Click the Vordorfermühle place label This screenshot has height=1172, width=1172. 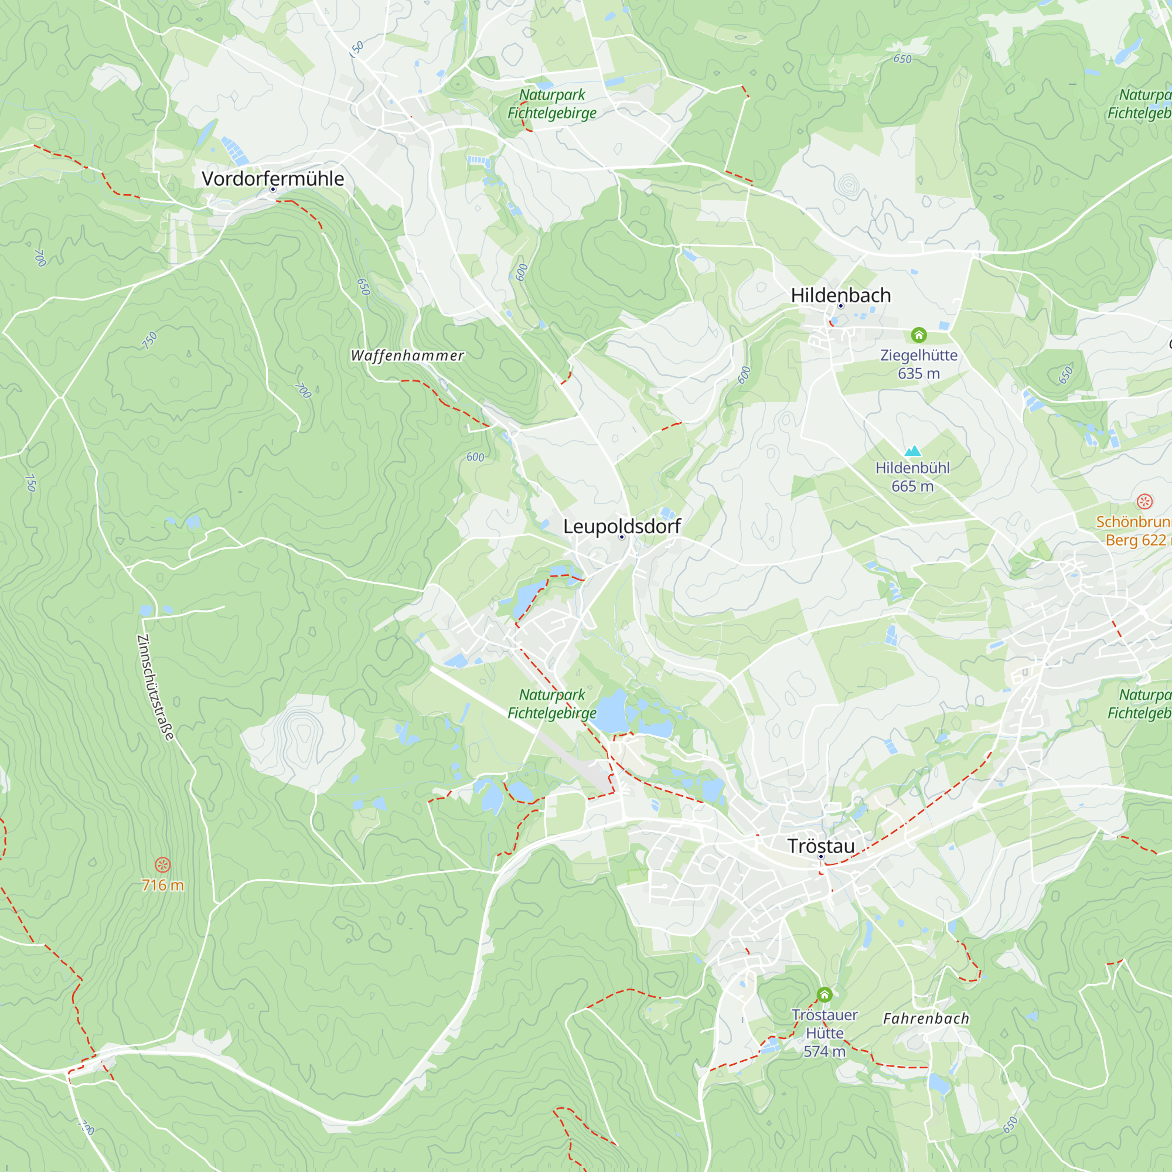coord(272,178)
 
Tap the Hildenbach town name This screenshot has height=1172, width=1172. coord(841,295)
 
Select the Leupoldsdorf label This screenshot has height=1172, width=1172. coord(622,526)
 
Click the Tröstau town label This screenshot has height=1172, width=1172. coord(821,846)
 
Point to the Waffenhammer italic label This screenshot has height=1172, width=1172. coord(407,356)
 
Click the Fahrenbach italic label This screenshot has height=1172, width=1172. coord(926,1018)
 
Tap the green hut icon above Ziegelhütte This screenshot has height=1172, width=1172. coord(918,335)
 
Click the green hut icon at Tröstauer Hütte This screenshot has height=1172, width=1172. coord(824,994)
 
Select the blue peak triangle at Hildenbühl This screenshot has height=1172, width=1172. coord(912,451)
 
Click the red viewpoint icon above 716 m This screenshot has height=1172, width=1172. coord(162,864)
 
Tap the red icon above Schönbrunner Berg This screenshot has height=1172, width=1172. coord(1144,502)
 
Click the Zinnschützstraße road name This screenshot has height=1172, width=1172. coord(155,687)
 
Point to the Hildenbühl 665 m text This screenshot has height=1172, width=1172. coord(912,477)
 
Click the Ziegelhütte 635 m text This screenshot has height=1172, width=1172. coord(918,364)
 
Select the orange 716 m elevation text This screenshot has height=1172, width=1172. coord(162,885)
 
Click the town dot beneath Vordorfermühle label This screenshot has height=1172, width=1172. coord(273,189)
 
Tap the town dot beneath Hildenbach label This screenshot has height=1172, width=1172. coord(841,306)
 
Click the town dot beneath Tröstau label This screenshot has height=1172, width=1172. coord(821,857)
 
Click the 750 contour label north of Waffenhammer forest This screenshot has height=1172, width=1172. coord(149,340)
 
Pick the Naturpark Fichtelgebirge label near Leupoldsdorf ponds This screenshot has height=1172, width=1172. coord(551,704)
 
